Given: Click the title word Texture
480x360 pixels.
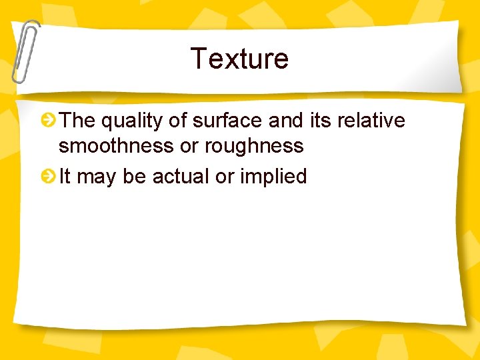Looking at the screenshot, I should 239,59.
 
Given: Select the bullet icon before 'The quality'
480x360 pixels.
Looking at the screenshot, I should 48,121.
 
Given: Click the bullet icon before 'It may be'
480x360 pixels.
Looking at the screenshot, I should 48,177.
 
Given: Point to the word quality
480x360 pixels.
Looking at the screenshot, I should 130,121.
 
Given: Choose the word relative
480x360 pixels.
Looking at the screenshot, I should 371,121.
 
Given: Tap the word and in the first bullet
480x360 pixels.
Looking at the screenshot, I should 286,121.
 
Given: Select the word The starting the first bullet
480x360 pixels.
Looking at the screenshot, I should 78,121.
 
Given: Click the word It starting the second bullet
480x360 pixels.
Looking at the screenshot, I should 65,177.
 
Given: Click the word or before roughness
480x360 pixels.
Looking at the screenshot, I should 189,147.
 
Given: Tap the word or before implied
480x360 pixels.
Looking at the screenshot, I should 225,177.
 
